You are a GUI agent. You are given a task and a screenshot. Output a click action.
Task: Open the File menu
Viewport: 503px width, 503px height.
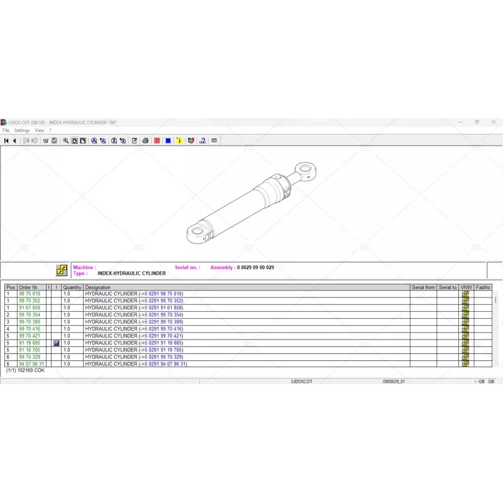6,130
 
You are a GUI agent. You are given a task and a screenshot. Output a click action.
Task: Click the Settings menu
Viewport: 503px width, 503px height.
22,130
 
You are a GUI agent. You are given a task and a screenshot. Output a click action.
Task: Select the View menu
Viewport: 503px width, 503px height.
39,130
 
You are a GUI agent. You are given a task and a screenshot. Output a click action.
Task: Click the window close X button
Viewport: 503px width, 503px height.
494,122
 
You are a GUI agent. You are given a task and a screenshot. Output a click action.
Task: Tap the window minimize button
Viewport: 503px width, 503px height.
460,122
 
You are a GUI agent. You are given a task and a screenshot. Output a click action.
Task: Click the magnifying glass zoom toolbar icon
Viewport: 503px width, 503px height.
65,141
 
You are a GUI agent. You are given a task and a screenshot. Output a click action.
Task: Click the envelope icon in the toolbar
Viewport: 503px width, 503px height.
214,141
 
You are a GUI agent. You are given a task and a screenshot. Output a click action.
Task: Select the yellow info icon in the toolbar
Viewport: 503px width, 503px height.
179,141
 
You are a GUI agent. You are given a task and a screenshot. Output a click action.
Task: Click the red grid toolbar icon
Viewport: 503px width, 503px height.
157,141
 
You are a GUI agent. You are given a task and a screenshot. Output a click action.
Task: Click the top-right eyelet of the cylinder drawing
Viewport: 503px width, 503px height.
307,169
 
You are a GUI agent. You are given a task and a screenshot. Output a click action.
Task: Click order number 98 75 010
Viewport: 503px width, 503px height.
30,294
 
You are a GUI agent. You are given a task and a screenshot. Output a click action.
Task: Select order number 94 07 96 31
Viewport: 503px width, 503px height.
31,364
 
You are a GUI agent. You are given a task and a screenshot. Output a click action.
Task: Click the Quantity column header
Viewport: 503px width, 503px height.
72,287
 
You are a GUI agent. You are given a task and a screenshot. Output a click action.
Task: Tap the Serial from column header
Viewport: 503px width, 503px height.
423,287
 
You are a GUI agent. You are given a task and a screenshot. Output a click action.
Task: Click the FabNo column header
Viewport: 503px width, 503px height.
483,287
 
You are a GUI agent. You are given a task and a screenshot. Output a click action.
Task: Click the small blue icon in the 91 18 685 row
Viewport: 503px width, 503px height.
57,343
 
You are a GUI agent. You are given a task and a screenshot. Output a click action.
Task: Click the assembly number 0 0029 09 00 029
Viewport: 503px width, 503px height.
255,268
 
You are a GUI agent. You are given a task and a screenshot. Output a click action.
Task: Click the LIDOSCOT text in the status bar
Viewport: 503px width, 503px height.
301,382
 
